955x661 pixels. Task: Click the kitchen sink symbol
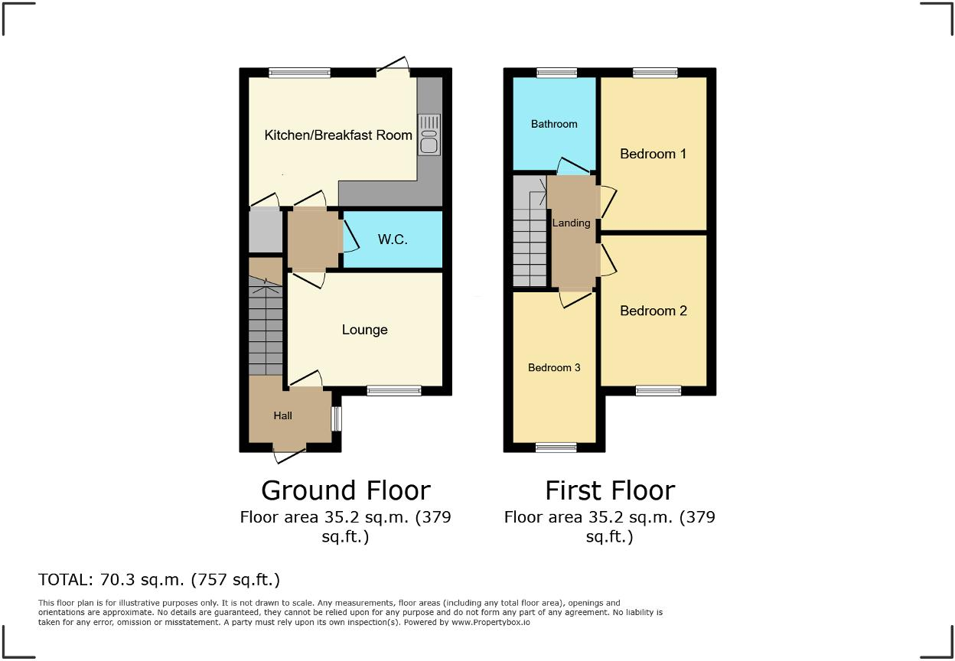click(x=429, y=135)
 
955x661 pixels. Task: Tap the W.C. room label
click(x=393, y=239)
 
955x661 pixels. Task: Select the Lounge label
click(x=364, y=330)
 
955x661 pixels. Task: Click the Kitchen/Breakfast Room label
click(x=338, y=135)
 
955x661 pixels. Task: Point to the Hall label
click(x=283, y=415)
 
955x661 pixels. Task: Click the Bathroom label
click(x=554, y=124)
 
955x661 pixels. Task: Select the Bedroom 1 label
click(x=653, y=154)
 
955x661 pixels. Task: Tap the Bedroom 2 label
click(x=653, y=311)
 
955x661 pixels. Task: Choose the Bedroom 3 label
click(x=554, y=368)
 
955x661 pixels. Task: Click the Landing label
click(x=572, y=223)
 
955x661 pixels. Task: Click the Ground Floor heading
click(x=346, y=490)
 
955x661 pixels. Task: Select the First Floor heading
click(x=610, y=490)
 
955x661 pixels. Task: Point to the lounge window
click(x=393, y=390)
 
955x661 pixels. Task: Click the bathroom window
click(x=556, y=73)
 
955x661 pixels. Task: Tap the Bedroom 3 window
click(x=556, y=448)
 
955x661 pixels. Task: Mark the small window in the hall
click(x=335, y=418)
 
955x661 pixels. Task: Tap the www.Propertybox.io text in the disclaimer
click(x=491, y=623)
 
